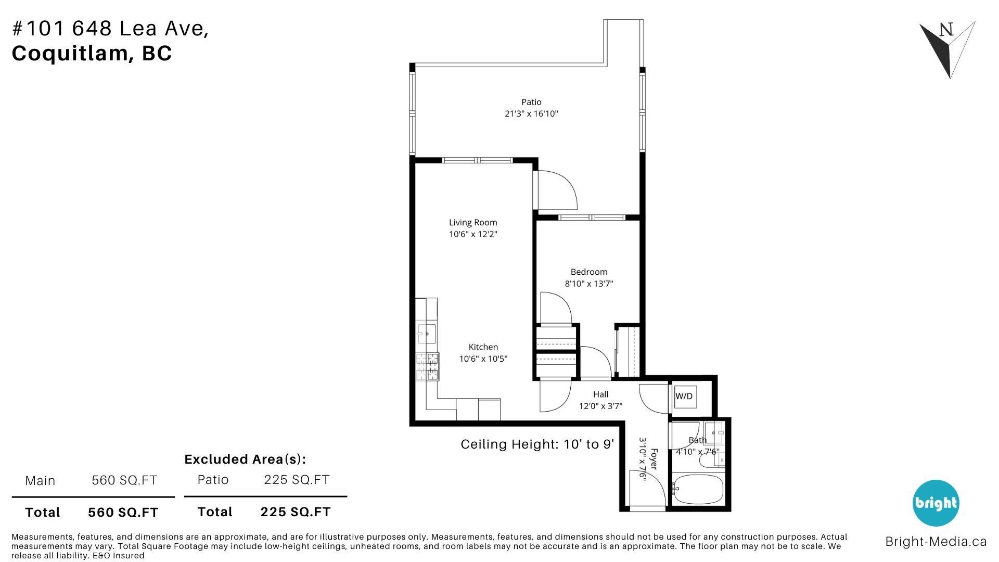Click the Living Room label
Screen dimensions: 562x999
(473, 223)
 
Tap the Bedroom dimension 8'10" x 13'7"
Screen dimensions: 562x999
(589, 284)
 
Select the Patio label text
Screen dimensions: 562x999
(531, 102)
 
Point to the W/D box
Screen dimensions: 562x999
(684, 397)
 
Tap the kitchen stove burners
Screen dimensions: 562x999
(427, 367)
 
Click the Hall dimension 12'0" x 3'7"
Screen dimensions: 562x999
(600, 406)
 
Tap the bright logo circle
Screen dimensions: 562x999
(936, 503)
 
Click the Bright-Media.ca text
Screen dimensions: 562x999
(936, 542)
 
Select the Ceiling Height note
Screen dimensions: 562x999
(537, 444)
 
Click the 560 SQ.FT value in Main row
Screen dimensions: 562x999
(124, 480)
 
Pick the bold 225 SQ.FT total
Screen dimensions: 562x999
(296, 512)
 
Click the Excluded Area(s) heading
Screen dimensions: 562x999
(245, 459)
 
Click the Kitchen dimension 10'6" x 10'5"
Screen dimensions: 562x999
(483, 359)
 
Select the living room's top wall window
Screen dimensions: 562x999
(477, 160)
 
